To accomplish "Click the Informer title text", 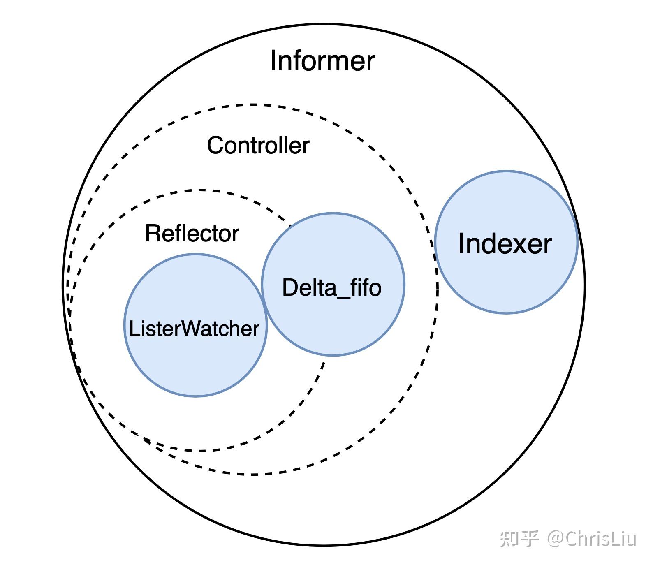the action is (322, 61).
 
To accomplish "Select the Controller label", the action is (258, 145).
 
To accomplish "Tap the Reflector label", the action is (192, 233).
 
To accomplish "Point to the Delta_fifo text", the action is (332, 287).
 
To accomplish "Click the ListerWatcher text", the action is (194, 329).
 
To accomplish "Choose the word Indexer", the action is (505, 243).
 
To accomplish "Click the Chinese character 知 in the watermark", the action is (509, 539).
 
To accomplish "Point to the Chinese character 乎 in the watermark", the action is (529, 539).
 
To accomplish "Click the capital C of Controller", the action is (215, 145).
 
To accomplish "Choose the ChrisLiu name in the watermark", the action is (601, 539).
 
